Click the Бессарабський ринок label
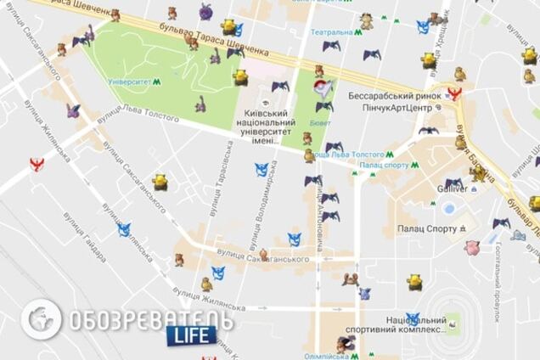(x=395, y=95)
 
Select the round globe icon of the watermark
(x=41, y=319)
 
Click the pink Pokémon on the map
(x=472, y=248)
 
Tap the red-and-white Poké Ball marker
(x=320, y=90)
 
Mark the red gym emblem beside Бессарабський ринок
(x=453, y=93)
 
